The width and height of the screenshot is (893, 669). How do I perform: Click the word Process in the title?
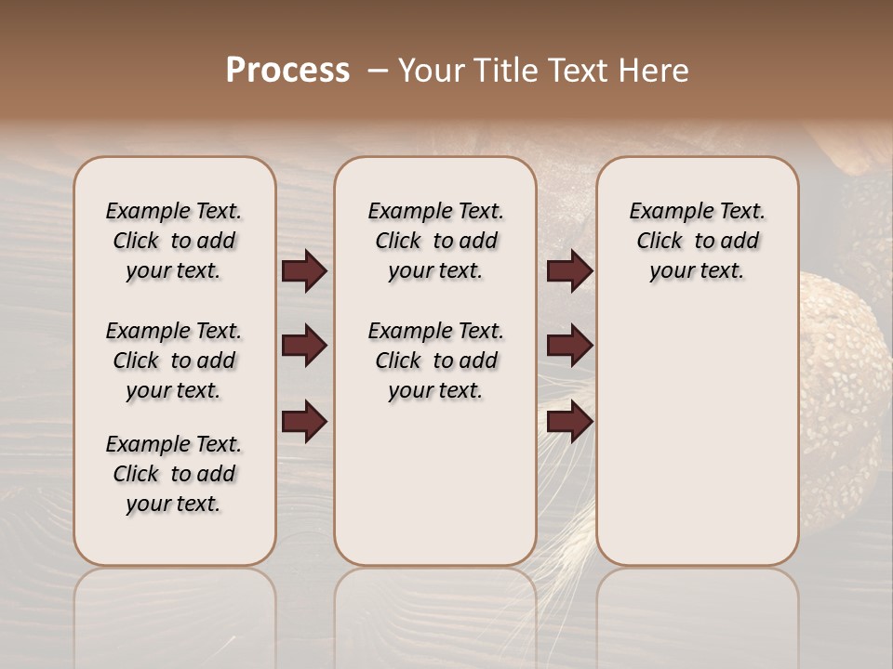[x=287, y=71]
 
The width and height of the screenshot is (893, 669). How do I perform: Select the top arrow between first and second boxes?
[x=304, y=270]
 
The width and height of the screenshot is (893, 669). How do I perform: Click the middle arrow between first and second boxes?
[x=304, y=346]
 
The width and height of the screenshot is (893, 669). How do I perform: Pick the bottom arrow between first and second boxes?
[x=304, y=422]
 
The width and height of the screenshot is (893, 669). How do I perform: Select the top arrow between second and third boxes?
[x=569, y=270]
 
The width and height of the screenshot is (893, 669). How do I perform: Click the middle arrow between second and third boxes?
[x=569, y=346]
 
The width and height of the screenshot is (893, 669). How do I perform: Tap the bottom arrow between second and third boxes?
[x=569, y=422]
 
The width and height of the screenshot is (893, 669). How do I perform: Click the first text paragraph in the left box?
[x=174, y=241]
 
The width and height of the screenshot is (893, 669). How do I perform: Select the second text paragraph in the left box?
[x=174, y=361]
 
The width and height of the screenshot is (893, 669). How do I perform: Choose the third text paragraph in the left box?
[x=174, y=474]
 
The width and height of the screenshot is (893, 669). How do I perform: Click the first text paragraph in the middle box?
[x=436, y=241]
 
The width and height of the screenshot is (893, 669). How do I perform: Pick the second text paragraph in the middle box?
[x=436, y=361]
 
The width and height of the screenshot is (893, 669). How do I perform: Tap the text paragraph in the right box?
[x=698, y=241]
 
